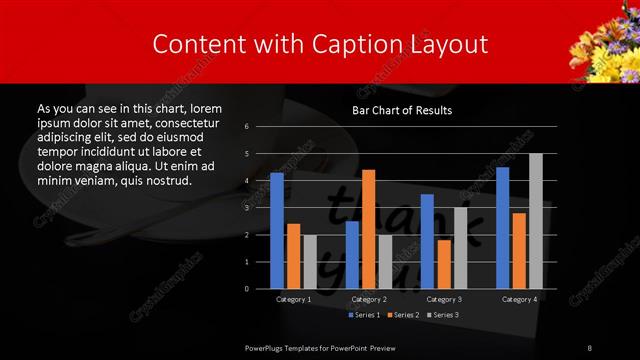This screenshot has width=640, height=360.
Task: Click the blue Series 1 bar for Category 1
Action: (277, 231)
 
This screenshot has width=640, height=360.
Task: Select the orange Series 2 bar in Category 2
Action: (368, 229)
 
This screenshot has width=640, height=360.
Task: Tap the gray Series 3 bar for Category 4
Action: (535, 221)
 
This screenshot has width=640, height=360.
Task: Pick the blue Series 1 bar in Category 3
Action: (427, 241)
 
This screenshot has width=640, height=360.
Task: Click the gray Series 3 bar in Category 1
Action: (310, 262)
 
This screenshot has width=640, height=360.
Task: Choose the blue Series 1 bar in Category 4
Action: (502, 228)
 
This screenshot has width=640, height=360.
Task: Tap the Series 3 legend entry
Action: (444, 315)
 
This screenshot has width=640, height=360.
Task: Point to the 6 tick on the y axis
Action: (246, 127)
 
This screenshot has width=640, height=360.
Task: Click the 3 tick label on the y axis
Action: (246, 208)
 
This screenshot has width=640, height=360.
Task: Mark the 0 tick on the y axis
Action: (246, 289)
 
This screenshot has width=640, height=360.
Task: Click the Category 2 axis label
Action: (368, 299)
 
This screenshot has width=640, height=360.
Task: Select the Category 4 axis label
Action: (518, 299)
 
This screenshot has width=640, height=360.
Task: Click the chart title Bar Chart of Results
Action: (402, 110)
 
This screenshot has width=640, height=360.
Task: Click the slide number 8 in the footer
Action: (590, 347)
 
